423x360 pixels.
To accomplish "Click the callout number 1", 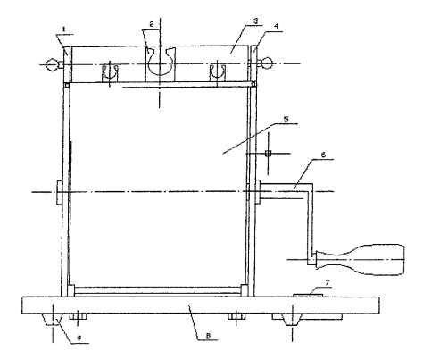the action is [x=63, y=29].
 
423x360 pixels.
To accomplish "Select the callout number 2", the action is [x=152, y=24].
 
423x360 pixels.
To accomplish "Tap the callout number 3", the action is [x=255, y=21].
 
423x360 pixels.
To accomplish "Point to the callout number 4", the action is [x=277, y=26].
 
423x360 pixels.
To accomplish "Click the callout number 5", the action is [x=286, y=119].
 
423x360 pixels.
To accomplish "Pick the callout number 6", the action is [x=323, y=155].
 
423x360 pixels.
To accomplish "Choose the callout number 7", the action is [x=328, y=282].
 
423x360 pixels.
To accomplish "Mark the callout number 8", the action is [x=208, y=336].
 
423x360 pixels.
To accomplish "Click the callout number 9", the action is [x=79, y=339].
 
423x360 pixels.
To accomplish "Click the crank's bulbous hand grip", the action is [x=360, y=260].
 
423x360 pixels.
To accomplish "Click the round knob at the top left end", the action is [x=52, y=64].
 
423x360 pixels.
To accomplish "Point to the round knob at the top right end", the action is [x=267, y=63].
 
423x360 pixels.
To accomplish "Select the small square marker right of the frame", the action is [x=268, y=154].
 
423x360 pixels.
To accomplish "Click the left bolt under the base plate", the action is [x=78, y=316].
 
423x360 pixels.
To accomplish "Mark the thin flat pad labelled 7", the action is [x=308, y=295].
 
